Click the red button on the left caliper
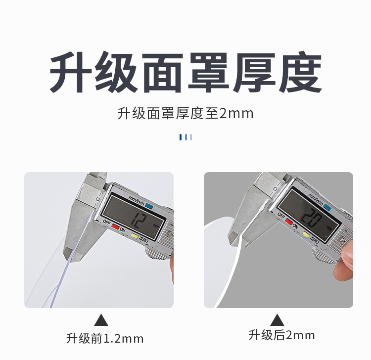coord(115,226)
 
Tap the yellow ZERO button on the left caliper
coord(135,236)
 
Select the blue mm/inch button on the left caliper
coord(149,206)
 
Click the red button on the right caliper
coord(289,222)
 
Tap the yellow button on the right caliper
coord(306,234)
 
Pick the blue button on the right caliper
coord(327,207)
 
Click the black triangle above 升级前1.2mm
coord(101,320)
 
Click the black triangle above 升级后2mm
coord(277,320)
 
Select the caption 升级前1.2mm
coord(105,338)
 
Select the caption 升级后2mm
coord(281,335)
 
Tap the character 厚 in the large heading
coord(255,72)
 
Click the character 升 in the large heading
coord(71,72)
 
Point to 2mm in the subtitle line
coord(236,114)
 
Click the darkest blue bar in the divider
coord(180,137)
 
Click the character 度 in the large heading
coord(300,72)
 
